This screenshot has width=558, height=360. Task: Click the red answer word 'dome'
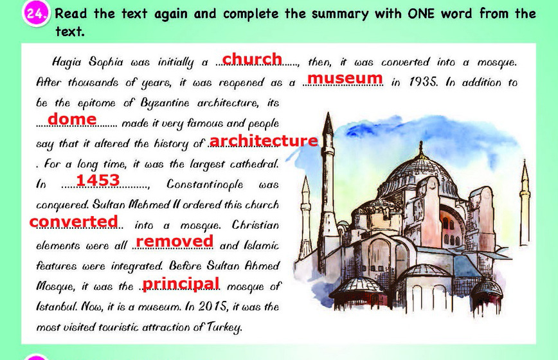pos(72,119)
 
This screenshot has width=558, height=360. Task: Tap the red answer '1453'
pos(98,180)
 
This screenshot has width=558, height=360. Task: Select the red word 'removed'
pos(175,241)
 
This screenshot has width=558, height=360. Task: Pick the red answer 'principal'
pos(181,283)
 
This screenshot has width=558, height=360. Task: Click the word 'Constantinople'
pos(205,184)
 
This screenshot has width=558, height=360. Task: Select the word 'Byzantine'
pos(165,103)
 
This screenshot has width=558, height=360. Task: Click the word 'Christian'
pos(255,225)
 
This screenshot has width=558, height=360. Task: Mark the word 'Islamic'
pos(261,246)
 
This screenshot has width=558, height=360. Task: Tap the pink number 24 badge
pos(35,14)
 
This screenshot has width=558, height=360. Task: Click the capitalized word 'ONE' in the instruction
pos(421,14)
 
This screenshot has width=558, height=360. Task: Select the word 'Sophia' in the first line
pos(106,62)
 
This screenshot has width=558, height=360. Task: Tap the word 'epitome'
pos(96,103)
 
